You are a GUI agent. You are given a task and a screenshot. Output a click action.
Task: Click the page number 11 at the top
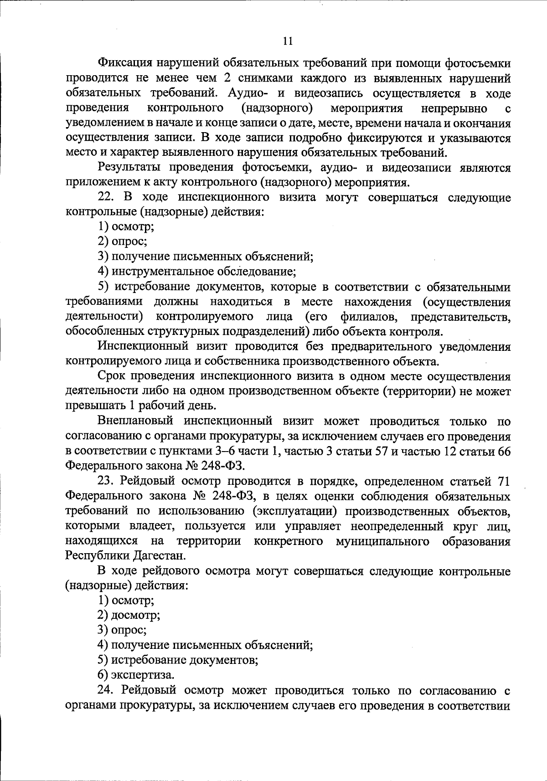click(288, 41)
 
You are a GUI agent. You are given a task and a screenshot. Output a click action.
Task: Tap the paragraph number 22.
click(104, 198)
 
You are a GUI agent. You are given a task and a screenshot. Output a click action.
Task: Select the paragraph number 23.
click(104, 481)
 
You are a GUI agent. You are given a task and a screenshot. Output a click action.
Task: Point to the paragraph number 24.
click(104, 690)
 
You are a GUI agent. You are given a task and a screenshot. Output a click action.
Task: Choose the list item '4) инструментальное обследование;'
click(197, 272)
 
